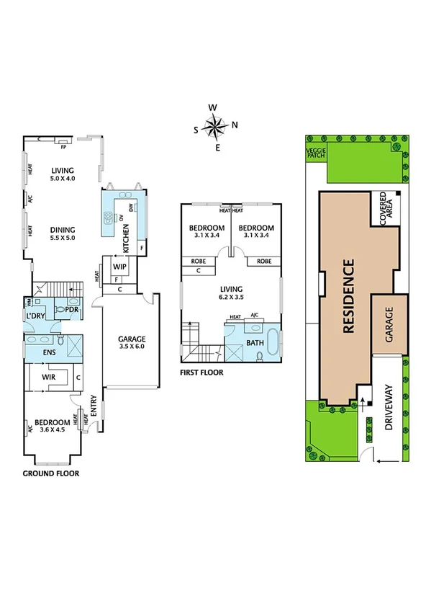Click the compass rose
(215, 128)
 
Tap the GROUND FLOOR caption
(50, 474)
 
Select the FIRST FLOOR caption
(202, 373)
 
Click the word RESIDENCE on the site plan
(349, 295)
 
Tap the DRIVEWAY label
(391, 407)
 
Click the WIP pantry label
(119, 266)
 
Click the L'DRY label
(37, 316)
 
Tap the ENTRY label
(94, 404)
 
